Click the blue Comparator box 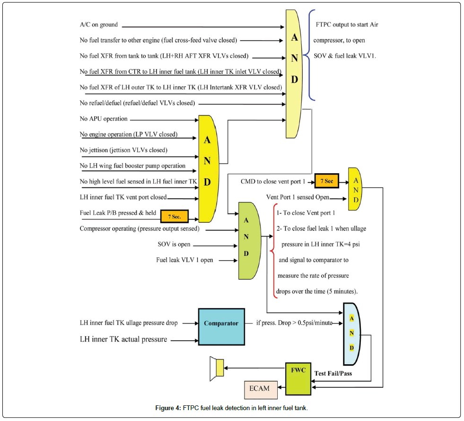pyautogui.click(x=221, y=327)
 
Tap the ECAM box pyautogui.click(x=259, y=389)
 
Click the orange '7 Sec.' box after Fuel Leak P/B pyautogui.click(x=175, y=216)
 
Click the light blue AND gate pyautogui.click(x=351, y=333)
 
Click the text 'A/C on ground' pyautogui.click(x=99, y=25)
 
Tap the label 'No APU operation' pyautogui.click(x=104, y=119)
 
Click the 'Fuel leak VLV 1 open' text pyautogui.click(x=184, y=260)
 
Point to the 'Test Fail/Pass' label pyautogui.click(x=333, y=373)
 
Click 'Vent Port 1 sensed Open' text pyautogui.click(x=298, y=197)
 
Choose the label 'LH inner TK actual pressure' pyautogui.click(x=123, y=339)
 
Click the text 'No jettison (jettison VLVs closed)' pyautogui.click(x=124, y=150)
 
